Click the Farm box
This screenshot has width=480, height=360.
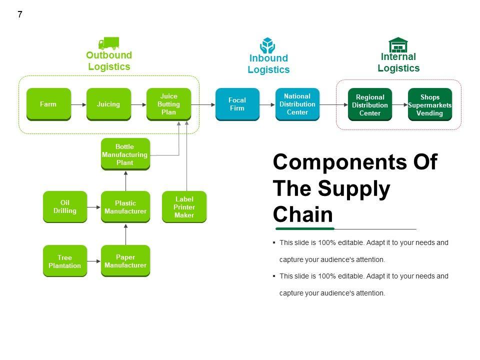(x=48, y=104)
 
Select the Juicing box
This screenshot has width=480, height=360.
(x=108, y=104)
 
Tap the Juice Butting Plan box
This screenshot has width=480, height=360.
(x=168, y=104)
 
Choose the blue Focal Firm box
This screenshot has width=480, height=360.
(x=237, y=104)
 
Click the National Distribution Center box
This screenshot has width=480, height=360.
(x=297, y=104)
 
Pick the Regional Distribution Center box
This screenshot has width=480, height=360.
(x=370, y=104)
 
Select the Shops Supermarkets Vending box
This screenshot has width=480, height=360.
(x=430, y=104)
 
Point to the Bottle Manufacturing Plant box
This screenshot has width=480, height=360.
(x=125, y=154)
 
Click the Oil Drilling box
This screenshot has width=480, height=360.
(x=65, y=206)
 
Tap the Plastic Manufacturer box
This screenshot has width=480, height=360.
(x=125, y=206)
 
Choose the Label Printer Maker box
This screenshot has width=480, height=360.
(x=184, y=206)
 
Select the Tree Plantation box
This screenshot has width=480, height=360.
(x=65, y=261)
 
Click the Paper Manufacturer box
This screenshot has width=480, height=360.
(x=125, y=260)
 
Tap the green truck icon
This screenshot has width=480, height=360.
(x=108, y=43)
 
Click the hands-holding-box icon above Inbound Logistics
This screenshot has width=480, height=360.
(x=268, y=45)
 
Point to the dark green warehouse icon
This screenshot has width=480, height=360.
(x=398, y=45)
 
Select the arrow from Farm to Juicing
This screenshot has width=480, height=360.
(x=78, y=104)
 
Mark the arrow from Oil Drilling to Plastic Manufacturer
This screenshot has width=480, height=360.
(x=94, y=207)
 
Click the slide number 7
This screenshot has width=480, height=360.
(x=20, y=14)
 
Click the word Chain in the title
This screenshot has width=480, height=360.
(x=303, y=214)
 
